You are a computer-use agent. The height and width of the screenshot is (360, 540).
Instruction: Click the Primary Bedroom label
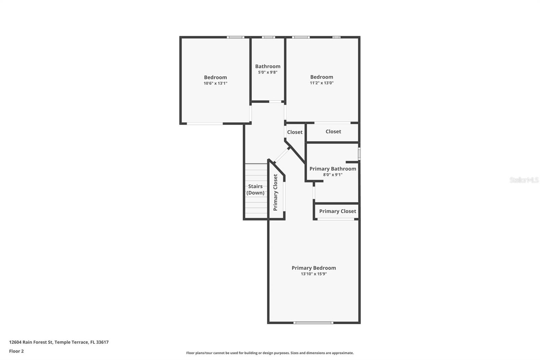point(314,268)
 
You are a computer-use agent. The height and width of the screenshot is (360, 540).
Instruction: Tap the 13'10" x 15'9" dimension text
point(314,274)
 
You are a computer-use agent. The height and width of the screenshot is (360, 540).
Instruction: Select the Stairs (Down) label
point(255,189)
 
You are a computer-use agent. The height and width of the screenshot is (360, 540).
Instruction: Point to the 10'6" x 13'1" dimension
point(215,83)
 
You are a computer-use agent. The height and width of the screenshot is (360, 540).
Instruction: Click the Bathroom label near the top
point(268,66)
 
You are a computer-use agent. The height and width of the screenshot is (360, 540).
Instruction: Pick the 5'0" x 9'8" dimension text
point(268,72)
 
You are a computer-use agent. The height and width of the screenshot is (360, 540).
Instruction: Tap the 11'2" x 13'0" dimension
point(322,83)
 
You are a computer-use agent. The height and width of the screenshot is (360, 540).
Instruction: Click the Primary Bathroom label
point(333,169)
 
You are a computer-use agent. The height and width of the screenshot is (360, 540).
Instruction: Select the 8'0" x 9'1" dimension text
point(333,175)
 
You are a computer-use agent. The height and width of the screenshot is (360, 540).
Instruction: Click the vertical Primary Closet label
point(275,192)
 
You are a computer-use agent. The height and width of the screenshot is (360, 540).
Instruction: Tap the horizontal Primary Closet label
point(337,211)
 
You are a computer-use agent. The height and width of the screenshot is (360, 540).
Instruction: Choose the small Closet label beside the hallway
point(295,132)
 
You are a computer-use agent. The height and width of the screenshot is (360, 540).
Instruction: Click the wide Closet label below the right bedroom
point(333,131)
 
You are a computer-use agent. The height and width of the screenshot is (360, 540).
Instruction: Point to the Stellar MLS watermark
point(524,180)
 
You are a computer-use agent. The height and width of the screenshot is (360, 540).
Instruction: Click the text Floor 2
point(16,351)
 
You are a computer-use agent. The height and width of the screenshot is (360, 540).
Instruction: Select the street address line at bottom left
point(59,342)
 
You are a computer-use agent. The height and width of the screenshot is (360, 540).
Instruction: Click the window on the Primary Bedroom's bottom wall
point(313,323)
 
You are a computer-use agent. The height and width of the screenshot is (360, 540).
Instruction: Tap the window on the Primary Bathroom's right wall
point(359,154)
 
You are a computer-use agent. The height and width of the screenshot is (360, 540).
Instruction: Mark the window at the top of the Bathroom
point(268,37)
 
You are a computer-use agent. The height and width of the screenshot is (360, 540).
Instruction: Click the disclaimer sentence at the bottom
point(270,353)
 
